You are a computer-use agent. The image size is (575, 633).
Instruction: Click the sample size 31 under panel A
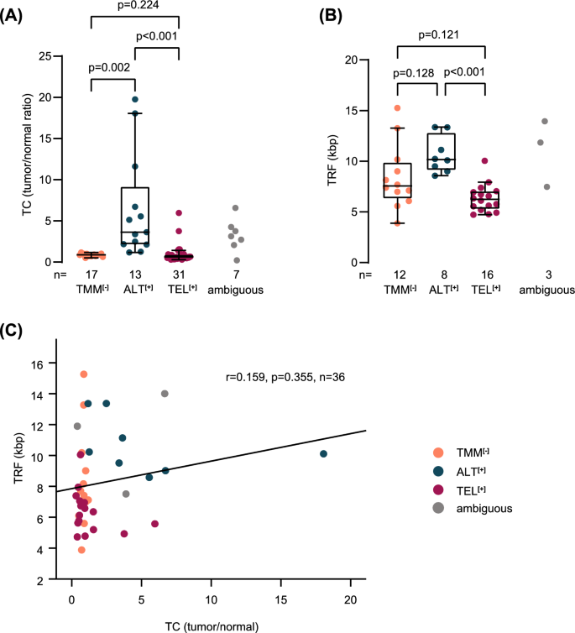pos(180,275)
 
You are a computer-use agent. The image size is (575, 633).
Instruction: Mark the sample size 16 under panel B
pos(486,275)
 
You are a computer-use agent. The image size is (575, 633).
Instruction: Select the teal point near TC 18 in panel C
pos(324,454)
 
